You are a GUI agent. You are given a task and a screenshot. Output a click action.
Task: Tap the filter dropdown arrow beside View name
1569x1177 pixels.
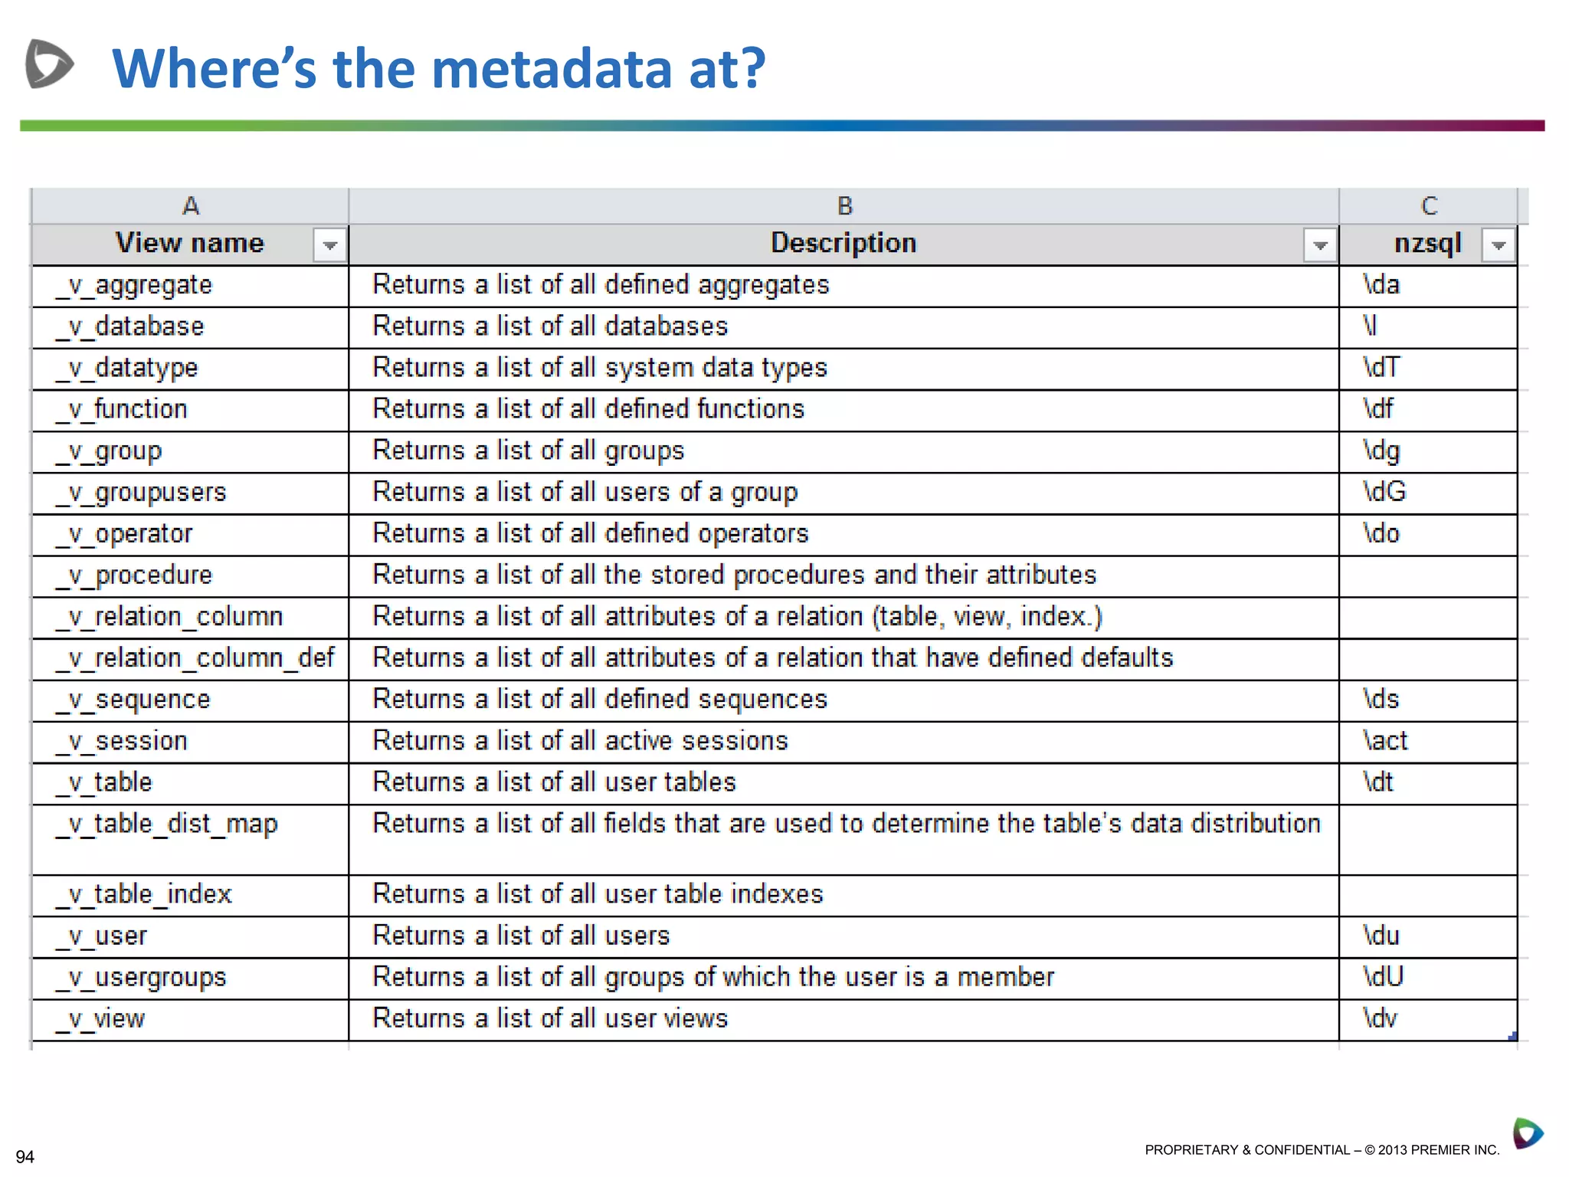click(x=330, y=245)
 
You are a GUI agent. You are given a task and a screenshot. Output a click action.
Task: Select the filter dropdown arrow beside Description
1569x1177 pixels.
click(x=1319, y=245)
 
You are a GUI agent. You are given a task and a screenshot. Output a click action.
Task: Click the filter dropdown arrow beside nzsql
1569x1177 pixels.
click(x=1499, y=245)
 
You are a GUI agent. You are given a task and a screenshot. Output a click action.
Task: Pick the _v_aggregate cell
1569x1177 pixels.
click(x=134, y=286)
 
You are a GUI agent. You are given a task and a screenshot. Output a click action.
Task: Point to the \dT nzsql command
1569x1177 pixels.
click(x=1381, y=368)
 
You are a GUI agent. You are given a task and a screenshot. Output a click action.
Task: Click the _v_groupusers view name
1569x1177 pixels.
click(x=141, y=493)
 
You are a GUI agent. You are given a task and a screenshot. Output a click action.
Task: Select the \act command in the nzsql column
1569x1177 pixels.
click(x=1385, y=741)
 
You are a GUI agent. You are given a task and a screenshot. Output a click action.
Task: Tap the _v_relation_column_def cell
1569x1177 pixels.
click(x=195, y=658)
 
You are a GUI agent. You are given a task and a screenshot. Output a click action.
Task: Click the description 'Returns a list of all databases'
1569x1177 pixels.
click(x=550, y=326)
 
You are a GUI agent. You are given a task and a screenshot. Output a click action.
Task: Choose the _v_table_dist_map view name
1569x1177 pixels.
click(x=167, y=825)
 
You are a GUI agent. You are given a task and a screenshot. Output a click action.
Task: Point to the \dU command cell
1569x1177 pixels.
click(x=1383, y=977)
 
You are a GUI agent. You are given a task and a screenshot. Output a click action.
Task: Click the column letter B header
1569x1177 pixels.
click(x=844, y=205)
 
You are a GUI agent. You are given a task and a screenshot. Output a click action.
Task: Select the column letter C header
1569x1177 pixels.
click(x=1429, y=205)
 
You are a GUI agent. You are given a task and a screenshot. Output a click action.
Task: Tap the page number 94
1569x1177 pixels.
click(x=25, y=1156)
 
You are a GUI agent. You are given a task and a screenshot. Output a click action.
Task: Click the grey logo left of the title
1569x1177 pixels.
click(x=49, y=64)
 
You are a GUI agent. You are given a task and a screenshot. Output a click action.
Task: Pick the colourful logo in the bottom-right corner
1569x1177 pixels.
click(x=1527, y=1133)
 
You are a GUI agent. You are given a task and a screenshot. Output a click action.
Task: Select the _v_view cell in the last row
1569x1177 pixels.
click(x=101, y=1020)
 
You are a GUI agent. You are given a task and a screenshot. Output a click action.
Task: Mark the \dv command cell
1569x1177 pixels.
click(x=1380, y=1018)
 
